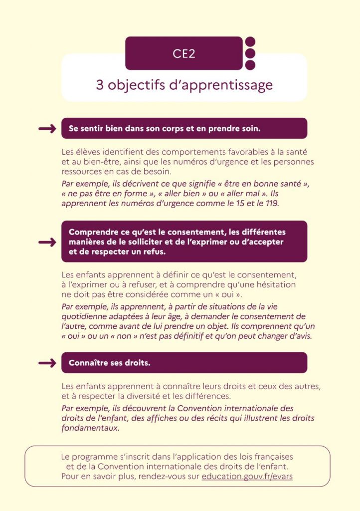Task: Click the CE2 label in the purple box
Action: click(x=184, y=53)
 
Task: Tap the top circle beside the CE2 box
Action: click(x=250, y=42)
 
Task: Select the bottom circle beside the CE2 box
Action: click(x=250, y=65)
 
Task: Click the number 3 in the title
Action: click(x=100, y=85)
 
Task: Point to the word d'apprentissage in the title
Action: click(x=221, y=85)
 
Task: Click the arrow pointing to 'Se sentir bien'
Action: click(x=47, y=129)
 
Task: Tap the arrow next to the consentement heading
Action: click(x=47, y=242)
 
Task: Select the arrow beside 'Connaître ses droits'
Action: click(x=47, y=363)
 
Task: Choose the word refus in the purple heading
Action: click(x=154, y=252)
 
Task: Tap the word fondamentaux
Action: click(x=90, y=428)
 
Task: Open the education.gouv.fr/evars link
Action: click(x=247, y=477)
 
